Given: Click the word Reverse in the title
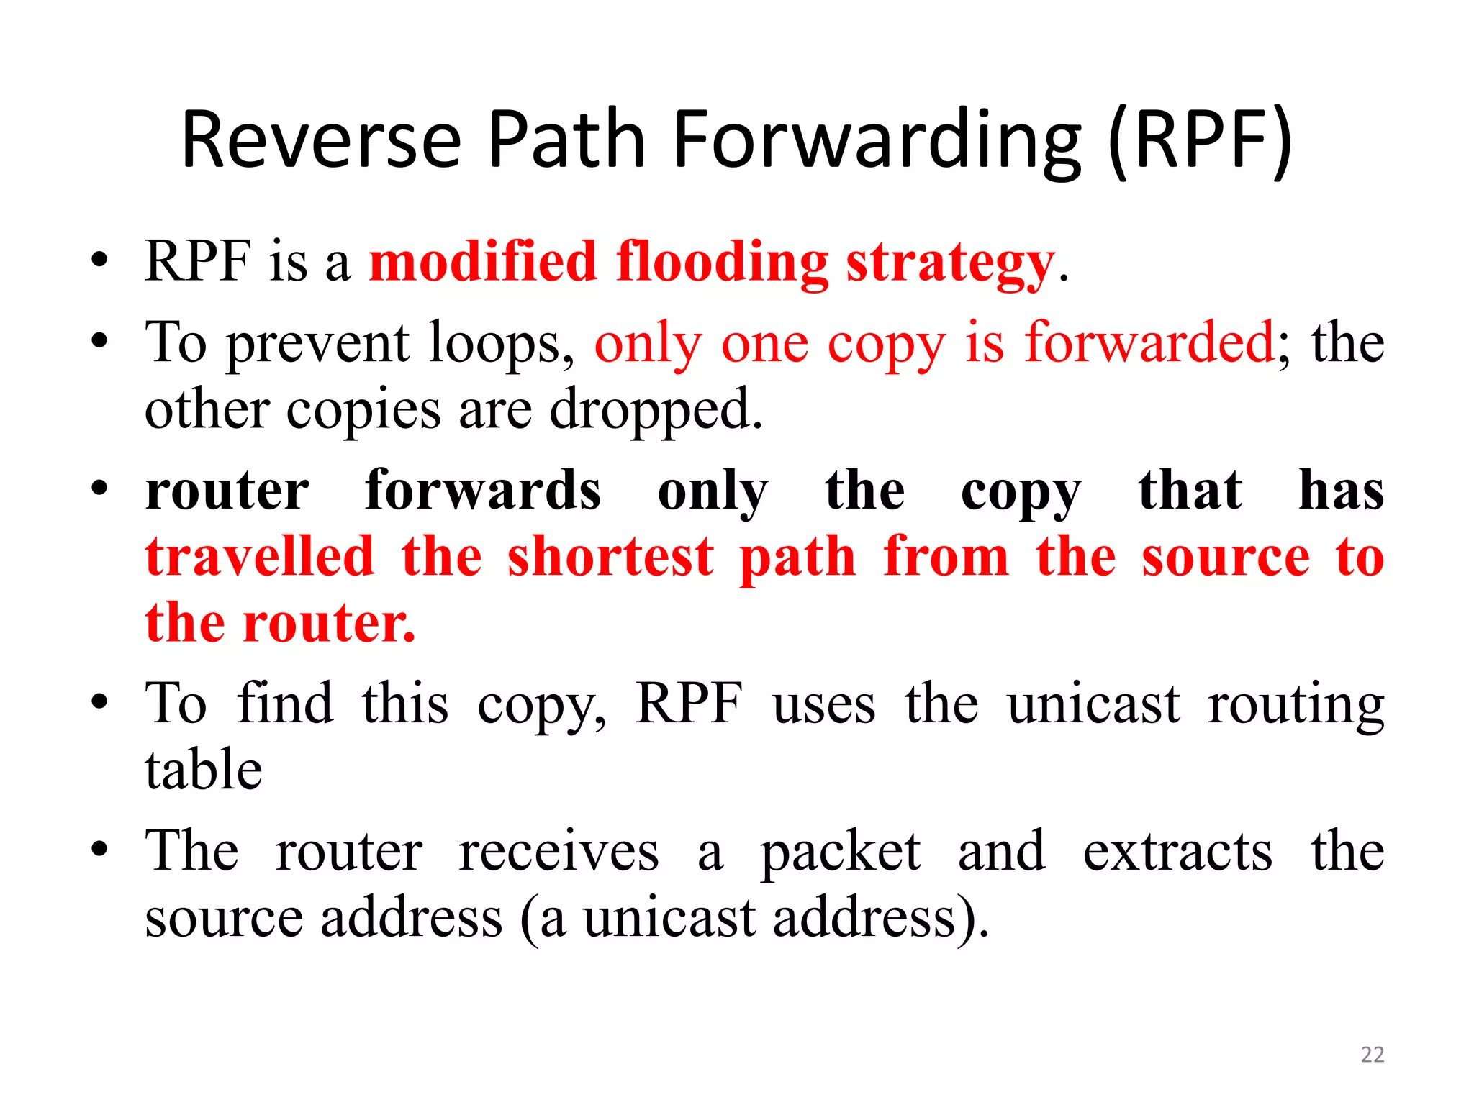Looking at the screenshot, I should point(321,140).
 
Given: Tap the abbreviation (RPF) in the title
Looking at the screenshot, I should point(1200,140).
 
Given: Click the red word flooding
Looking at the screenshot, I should point(723,263).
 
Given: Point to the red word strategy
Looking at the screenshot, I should point(950,263).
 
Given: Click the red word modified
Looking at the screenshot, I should point(483,263).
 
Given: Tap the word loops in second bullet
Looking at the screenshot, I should point(501,343).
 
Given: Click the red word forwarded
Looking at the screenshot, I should point(1150,343).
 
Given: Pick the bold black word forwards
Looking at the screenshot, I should point(483,491).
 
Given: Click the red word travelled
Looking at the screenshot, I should point(260,558).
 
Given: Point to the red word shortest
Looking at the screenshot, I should point(610,558).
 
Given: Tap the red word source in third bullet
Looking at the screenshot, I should point(1225,558).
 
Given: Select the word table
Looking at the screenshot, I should point(204,770).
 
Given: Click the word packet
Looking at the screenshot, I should point(841,852).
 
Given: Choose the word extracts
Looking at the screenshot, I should point(1177,852).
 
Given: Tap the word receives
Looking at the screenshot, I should point(559,852).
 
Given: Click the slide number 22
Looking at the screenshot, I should point(1373,1055).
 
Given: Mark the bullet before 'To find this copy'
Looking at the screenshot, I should point(99,701).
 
